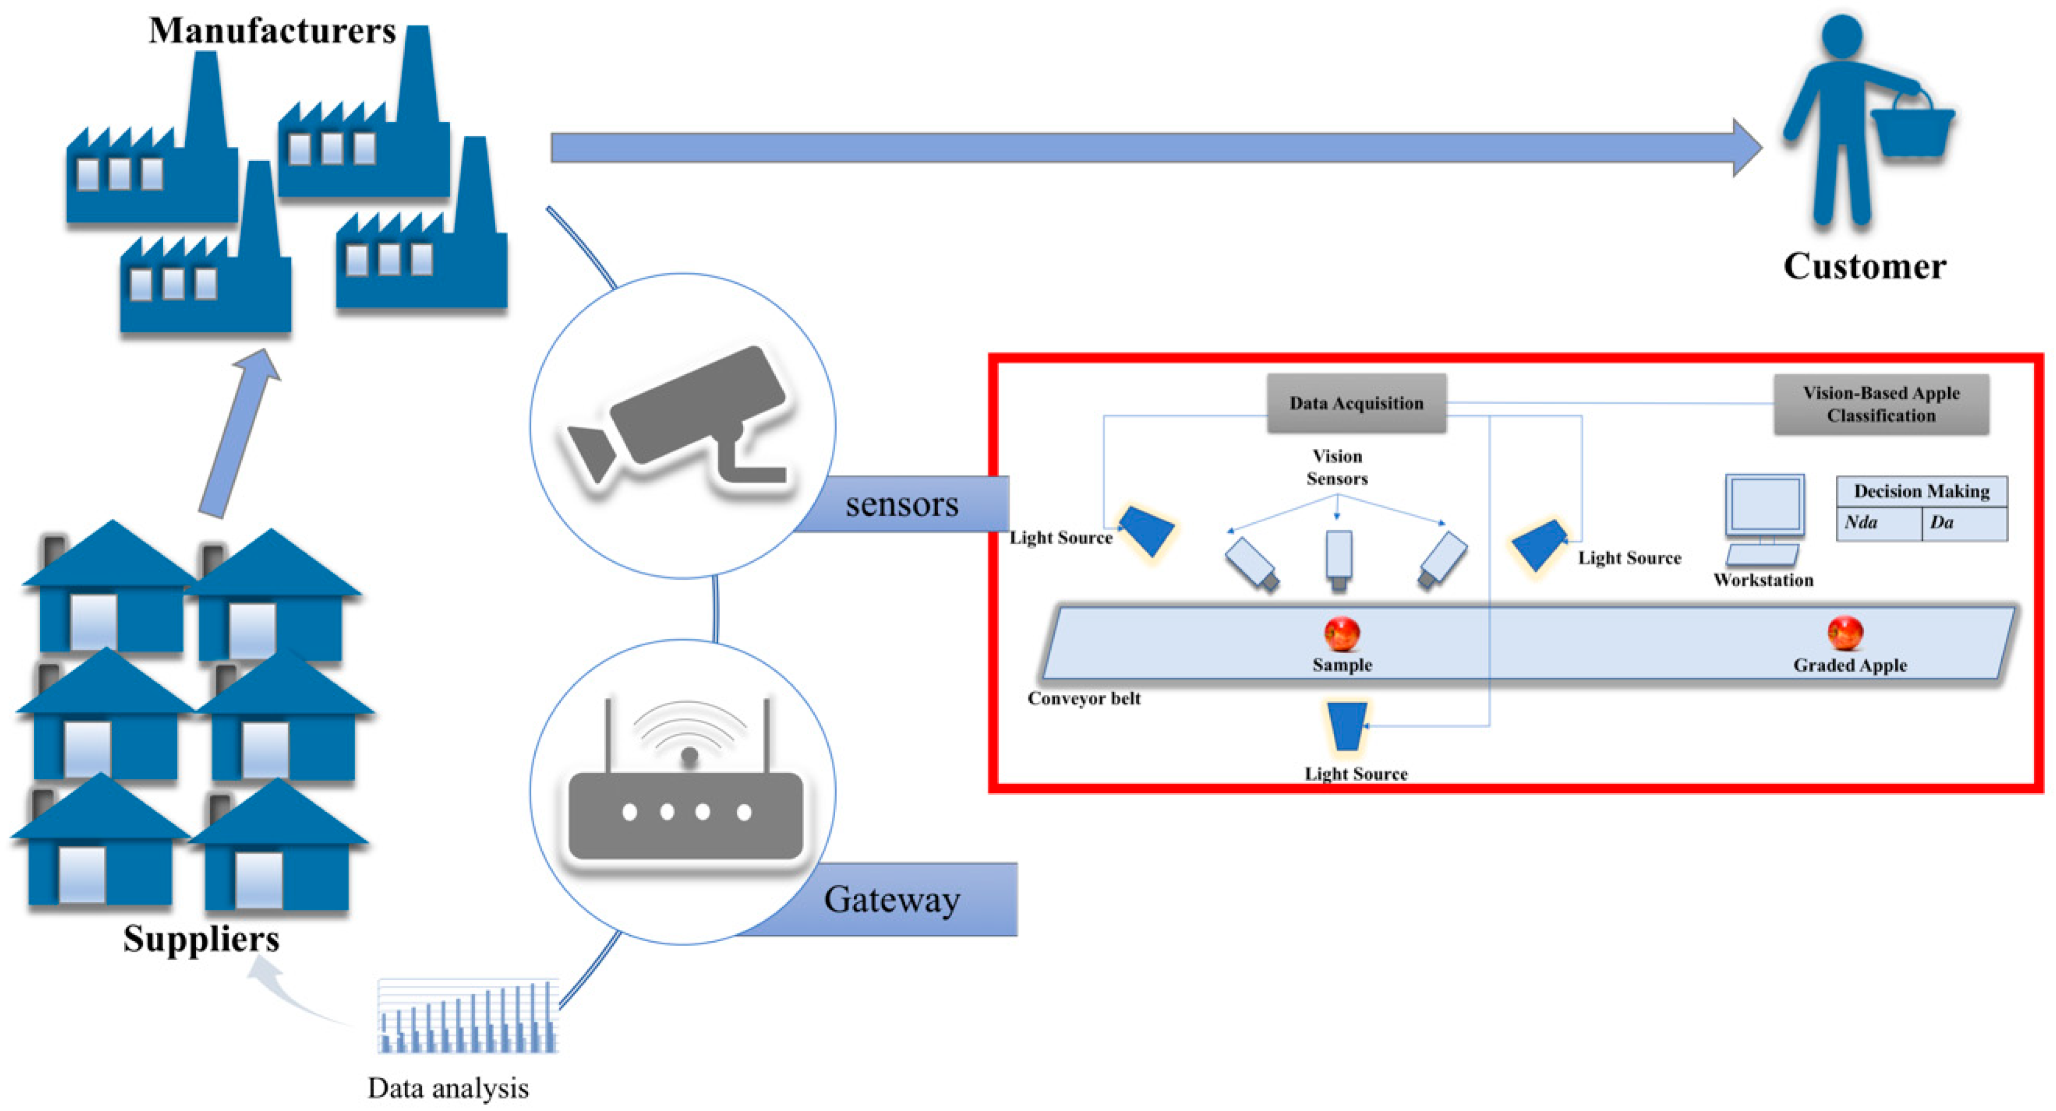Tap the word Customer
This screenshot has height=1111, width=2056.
tap(1865, 266)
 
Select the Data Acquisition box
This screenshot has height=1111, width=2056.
tap(1356, 403)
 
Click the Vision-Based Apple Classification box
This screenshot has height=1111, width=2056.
tap(1880, 404)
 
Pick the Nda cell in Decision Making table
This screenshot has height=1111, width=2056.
tap(1877, 523)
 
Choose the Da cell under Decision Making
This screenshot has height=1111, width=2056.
tap(1963, 523)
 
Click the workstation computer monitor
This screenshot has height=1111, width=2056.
tap(1764, 505)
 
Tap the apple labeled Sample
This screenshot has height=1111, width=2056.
tap(1342, 635)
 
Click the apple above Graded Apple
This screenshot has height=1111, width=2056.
tap(1844, 633)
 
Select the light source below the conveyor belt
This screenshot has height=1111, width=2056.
tap(1346, 725)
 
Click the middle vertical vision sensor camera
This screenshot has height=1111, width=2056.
tap(1338, 557)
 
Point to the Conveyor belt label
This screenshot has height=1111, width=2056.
tap(1083, 698)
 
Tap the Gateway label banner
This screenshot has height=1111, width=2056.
tap(892, 899)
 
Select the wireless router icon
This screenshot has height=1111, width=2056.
tap(685, 790)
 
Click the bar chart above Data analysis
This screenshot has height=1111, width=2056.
tap(468, 1018)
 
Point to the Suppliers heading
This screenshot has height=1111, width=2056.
tap(201, 939)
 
